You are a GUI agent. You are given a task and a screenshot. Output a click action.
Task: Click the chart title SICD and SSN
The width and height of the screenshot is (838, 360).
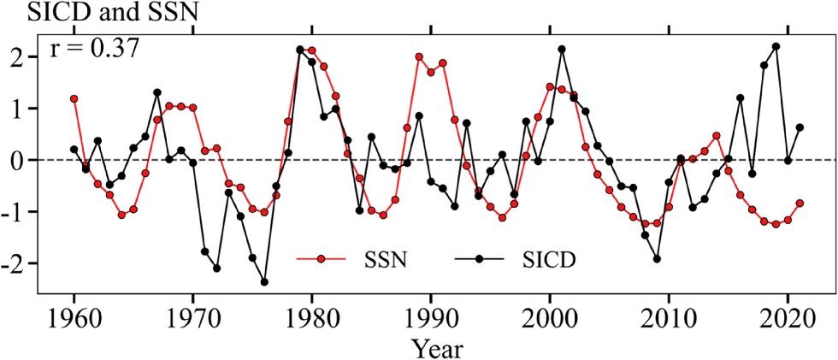coord(73,12)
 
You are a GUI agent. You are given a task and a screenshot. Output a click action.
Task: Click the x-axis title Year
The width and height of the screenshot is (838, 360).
coord(437,346)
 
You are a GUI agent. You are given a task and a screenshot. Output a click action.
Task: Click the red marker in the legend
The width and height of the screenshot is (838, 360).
coord(321,257)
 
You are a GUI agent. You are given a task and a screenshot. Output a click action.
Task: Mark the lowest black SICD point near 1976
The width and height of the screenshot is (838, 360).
coord(264,281)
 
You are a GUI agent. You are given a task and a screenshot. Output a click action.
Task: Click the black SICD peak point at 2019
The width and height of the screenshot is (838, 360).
coord(776,46)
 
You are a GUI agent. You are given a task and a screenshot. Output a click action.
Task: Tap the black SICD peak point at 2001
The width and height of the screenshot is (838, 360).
coord(562,49)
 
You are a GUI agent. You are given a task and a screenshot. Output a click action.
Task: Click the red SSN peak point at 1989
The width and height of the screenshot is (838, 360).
coord(419,56)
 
